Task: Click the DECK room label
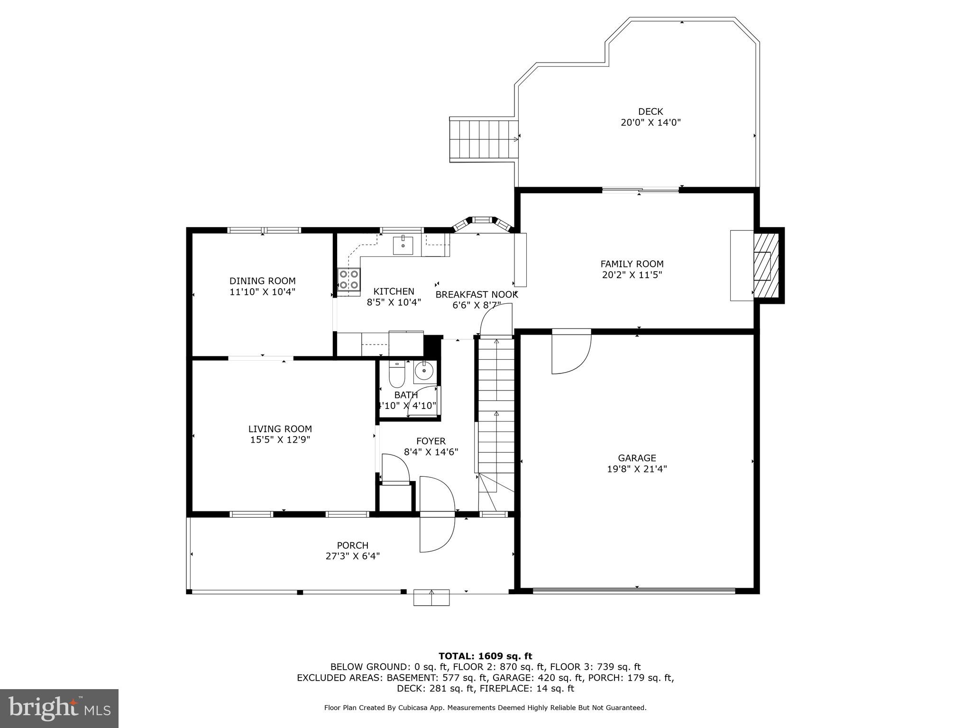pos(650,112)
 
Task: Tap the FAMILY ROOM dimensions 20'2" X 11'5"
pos(632,275)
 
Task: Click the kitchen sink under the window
pos(403,246)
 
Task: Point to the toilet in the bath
pos(396,374)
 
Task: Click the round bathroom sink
pos(423,371)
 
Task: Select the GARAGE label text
pos(637,458)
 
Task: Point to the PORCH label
pos(352,546)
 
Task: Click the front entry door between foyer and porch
pos(437,514)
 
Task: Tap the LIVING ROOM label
pos(280,429)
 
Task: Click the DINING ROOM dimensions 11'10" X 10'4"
pos(262,292)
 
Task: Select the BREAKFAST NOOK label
pos(476,294)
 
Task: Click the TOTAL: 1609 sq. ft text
pos(485,656)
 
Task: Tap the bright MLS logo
pos(59,708)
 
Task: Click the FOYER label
pos(431,441)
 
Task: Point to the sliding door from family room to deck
pos(640,191)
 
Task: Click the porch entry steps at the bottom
pos(431,597)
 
